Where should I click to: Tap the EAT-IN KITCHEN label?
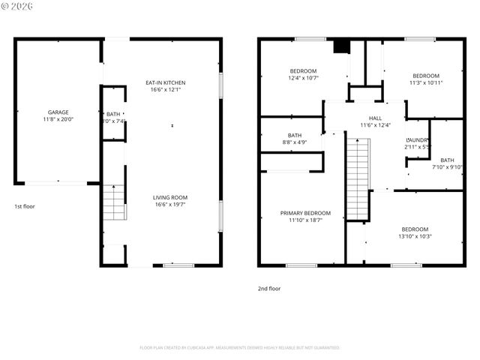pyautogui.click(x=165, y=82)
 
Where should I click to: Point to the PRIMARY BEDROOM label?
pyautogui.click(x=305, y=213)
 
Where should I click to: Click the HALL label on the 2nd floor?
pyautogui.click(x=375, y=118)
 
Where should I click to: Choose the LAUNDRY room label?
pyautogui.click(x=418, y=140)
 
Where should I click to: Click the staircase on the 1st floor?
pyautogui.click(x=113, y=202)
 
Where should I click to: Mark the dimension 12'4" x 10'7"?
pyautogui.click(x=303, y=77)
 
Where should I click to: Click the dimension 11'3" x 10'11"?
pyautogui.click(x=425, y=82)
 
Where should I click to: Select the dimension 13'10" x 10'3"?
pyautogui.click(x=415, y=236)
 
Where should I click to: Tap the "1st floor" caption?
pyautogui.click(x=25, y=206)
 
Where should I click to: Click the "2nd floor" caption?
pyautogui.click(x=269, y=288)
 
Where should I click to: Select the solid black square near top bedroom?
pyautogui.click(x=342, y=46)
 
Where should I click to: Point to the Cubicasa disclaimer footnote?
pyautogui.click(x=240, y=348)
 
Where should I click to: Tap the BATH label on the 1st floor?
pyautogui.click(x=113, y=114)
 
